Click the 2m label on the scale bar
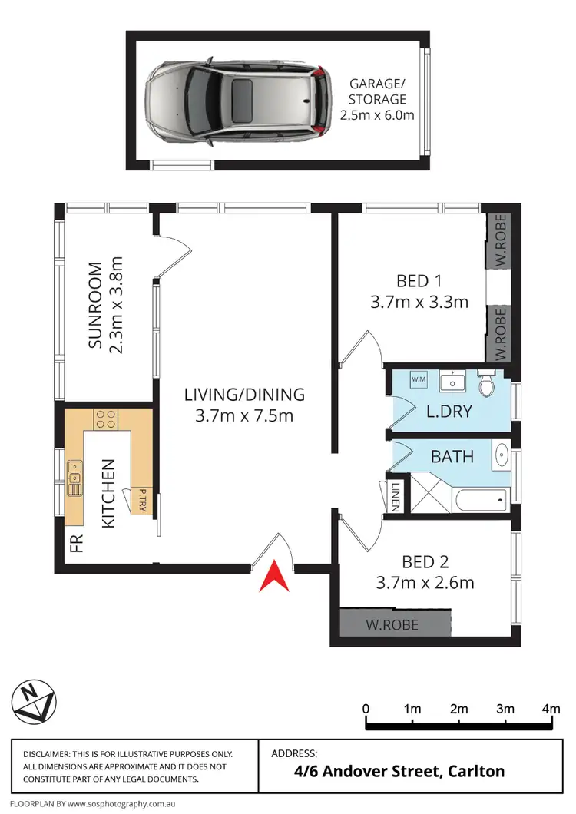(458, 709)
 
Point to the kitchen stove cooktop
(105, 419)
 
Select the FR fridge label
(75, 543)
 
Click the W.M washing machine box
(419, 379)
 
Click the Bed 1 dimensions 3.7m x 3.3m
(419, 302)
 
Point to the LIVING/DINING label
(244, 395)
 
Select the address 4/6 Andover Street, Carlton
(388, 770)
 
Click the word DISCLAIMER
(47, 755)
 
